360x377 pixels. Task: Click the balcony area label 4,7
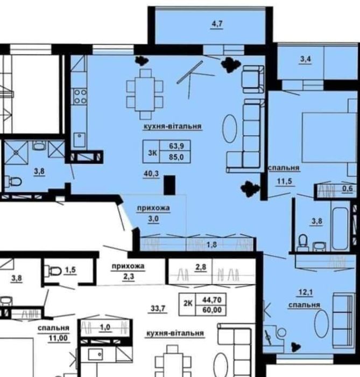coord(217,24)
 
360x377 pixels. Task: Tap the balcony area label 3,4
coord(306,59)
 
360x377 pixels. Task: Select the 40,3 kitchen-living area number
coord(151,173)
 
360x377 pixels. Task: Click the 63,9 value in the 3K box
coord(177,146)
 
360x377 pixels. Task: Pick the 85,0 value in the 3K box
coord(177,157)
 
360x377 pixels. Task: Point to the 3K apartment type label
coord(152,152)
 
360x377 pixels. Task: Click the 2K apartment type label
coord(188,303)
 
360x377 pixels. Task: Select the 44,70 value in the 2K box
coord(212,299)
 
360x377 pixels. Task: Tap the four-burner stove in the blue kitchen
coord(80,96)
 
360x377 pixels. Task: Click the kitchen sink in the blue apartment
coord(80,139)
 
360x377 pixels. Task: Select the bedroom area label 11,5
coord(285,181)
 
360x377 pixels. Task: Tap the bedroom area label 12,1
coord(306,292)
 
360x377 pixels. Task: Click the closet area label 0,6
coord(347,188)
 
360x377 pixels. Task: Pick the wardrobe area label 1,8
coord(211,245)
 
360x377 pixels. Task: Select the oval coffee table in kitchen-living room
coord(230,129)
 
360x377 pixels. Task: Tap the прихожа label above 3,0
coord(153,208)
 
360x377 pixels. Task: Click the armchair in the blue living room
coord(253,79)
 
